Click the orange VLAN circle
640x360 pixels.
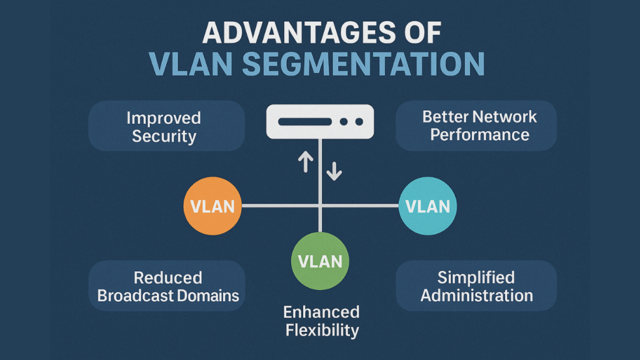coord(212,206)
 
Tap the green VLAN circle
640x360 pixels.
coord(320,261)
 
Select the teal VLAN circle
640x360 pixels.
coord(427,206)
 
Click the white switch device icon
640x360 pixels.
coord(320,121)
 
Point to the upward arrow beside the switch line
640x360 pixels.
coord(305,162)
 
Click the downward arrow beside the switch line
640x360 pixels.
coord(334,170)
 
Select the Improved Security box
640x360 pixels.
coord(166,126)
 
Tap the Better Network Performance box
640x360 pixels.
coord(476,126)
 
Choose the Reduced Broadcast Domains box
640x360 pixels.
coord(166,286)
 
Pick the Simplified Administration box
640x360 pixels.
coord(476,286)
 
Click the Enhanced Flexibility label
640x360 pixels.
coord(321,321)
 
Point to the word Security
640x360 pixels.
coord(164,136)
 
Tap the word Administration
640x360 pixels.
coord(476,295)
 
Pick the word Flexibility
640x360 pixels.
coord(321,329)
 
